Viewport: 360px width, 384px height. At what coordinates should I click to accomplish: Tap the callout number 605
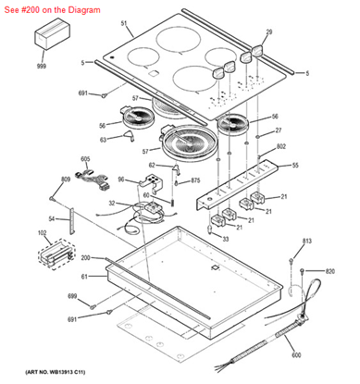[85, 160]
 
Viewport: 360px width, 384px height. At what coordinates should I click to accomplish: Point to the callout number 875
[195, 180]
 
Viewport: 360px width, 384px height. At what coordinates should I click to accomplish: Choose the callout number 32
[111, 204]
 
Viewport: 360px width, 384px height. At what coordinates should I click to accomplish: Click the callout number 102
[42, 233]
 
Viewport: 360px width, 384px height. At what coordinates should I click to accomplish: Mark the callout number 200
[84, 257]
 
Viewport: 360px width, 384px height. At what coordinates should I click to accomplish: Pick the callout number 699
[71, 295]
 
